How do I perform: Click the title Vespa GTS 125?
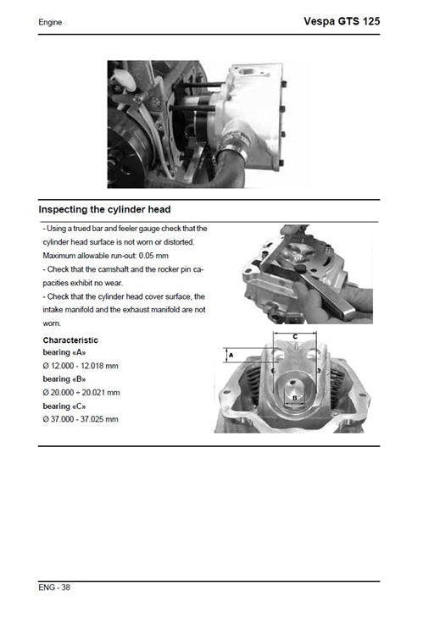tap(342, 20)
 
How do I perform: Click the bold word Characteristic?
tap(70, 340)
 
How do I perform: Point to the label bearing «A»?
tap(64, 351)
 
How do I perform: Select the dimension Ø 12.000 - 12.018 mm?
tap(81, 365)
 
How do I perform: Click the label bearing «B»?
tap(64, 378)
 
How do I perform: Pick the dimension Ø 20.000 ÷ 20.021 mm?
tap(81, 392)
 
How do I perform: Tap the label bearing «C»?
tap(64, 406)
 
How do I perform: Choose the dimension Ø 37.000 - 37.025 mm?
tap(81, 419)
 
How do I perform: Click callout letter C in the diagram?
tap(293, 337)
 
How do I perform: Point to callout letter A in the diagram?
tap(231, 357)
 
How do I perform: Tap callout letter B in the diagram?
tap(294, 396)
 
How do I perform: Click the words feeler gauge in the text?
tap(148, 228)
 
